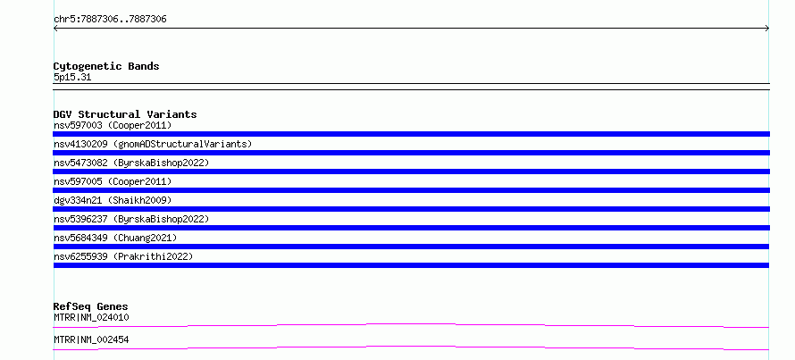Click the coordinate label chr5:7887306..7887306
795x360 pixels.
pyautogui.click(x=110, y=20)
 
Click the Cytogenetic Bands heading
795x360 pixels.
pyautogui.click(x=106, y=66)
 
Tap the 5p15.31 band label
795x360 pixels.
pyautogui.click(x=72, y=78)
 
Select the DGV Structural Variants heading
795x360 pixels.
pyautogui.click(x=125, y=114)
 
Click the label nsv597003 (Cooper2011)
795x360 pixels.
pyautogui.click(x=113, y=125)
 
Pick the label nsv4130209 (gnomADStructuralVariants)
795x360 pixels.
pyautogui.click(x=153, y=144)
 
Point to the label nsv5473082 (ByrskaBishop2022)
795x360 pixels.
pyautogui.click(x=131, y=163)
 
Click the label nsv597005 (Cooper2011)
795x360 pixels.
pyautogui.click(x=113, y=181)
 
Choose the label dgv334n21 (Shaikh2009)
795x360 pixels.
pyautogui.click(x=113, y=200)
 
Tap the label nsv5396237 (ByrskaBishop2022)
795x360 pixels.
pyautogui.click(x=131, y=219)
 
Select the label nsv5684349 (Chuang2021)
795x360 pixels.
pyautogui.click(x=115, y=238)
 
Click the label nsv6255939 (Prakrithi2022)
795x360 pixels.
pyautogui.click(x=123, y=256)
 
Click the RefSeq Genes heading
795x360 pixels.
pyautogui.click(x=91, y=306)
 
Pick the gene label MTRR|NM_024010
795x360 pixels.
pyautogui.click(x=91, y=317)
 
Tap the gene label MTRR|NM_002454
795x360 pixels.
pyautogui.click(x=91, y=339)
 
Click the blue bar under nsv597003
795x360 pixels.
pyautogui.click(x=411, y=134)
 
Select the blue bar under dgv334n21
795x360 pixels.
pyautogui.click(x=411, y=209)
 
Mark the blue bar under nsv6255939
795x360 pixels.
pyautogui.click(x=411, y=265)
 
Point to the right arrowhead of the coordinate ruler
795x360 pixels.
pyautogui.click(x=767, y=29)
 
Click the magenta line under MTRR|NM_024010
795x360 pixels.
pyautogui.click(x=411, y=325)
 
